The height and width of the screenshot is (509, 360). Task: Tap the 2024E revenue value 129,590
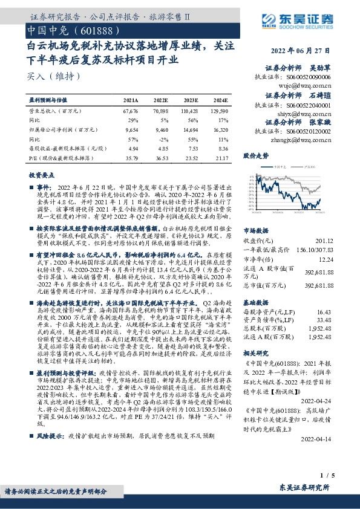[219, 111]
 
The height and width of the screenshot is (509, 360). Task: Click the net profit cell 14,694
[190, 129]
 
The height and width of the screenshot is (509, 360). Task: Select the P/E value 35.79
[131, 158]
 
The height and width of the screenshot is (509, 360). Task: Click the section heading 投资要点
[42, 174]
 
